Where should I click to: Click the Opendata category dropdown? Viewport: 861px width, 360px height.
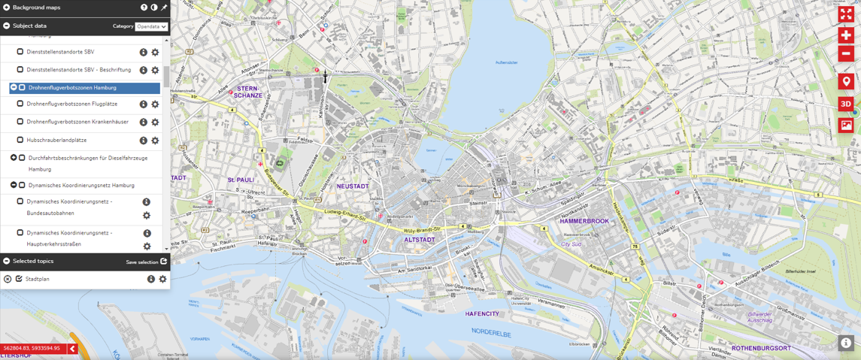(151, 26)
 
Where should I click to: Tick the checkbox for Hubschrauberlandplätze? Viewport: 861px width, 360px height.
(20, 140)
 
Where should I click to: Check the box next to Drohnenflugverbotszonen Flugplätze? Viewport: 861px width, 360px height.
(20, 104)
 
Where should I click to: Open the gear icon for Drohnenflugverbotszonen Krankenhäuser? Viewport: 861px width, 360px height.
(155, 123)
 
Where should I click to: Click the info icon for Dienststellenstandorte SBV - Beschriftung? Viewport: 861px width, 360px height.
(143, 71)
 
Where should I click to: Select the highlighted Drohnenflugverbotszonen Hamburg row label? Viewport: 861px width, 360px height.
(72, 88)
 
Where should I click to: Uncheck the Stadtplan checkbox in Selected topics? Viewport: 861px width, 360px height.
(19, 279)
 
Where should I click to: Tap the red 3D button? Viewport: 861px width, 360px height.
(846, 104)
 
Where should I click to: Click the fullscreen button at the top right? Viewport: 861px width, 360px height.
(846, 14)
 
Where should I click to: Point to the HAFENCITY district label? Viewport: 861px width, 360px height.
(482, 313)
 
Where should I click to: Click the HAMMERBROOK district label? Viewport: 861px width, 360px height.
(584, 222)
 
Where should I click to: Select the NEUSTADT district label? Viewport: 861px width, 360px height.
(352, 186)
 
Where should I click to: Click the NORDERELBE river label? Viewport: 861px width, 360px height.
(492, 331)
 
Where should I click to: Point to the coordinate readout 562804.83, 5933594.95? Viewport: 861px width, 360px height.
(32, 349)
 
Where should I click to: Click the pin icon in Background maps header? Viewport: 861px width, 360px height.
(164, 8)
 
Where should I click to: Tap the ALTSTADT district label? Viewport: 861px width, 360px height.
(420, 240)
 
